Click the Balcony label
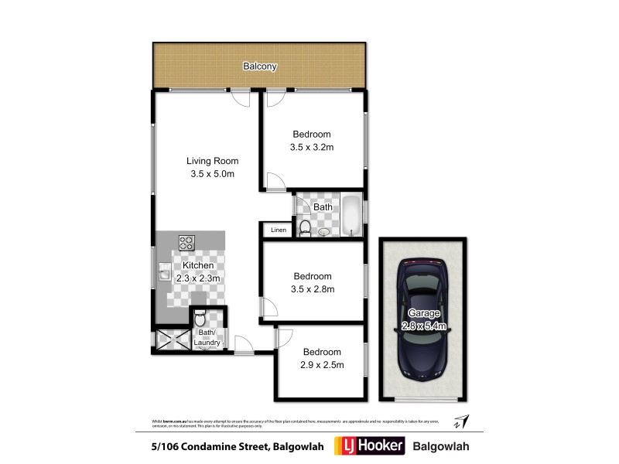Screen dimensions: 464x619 [x=260, y=67]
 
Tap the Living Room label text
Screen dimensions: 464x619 [x=212, y=161]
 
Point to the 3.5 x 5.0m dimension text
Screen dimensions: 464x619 [x=212, y=174]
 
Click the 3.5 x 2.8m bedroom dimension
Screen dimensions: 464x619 [x=312, y=289]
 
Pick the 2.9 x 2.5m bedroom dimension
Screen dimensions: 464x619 [x=323, y=364]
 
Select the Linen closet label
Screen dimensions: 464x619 [x=278, y=230]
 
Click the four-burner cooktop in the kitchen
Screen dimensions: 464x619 [x=186, y=243]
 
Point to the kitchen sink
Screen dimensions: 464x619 [x=165, y=273]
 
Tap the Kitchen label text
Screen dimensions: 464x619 [x=197, y=265]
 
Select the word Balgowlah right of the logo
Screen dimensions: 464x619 [x=442, y=446]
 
